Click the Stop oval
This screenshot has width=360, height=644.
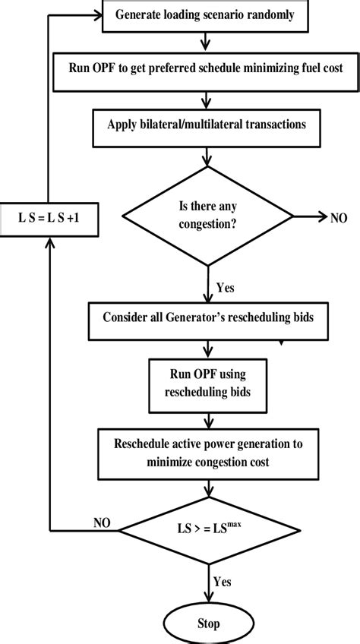tap(207, 623)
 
